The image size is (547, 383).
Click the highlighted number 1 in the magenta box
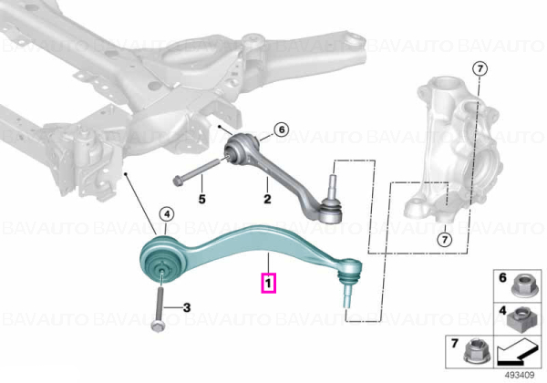pyautogui.click(x=268, y=283)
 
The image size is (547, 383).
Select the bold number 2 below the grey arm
pyautogui.click(x=267, y=199)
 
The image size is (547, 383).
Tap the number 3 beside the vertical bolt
pyautogui.click(x=187, y=307)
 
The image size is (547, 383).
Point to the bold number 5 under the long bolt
pyautogui.click(x=202, y=199)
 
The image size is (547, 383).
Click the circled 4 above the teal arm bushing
pyautogui.click(x=167, y=214)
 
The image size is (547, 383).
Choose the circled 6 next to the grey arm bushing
pyautogui.click(x=282, y=129)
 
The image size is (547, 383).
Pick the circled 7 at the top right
pyautogui.click(x=480, y=68)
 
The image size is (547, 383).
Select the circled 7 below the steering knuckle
pyautogui.click(x=445, y=240)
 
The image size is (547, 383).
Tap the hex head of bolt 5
pyautogui.click(x=177, y=181)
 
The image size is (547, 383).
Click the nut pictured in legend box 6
pyautogui.click(x=521, y=288)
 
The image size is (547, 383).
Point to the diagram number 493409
pyautogui.click(x=520, y=375)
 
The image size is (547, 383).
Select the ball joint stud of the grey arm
pyautogui.click(x=333, y=182)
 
